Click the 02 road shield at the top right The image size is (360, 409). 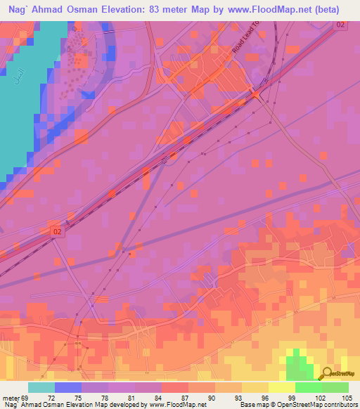(340, 25)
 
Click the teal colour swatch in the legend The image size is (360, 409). (41, 387)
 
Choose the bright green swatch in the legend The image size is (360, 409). (308, 387)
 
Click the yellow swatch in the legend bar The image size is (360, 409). (281, 387)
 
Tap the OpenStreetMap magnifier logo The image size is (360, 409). (328, 375)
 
